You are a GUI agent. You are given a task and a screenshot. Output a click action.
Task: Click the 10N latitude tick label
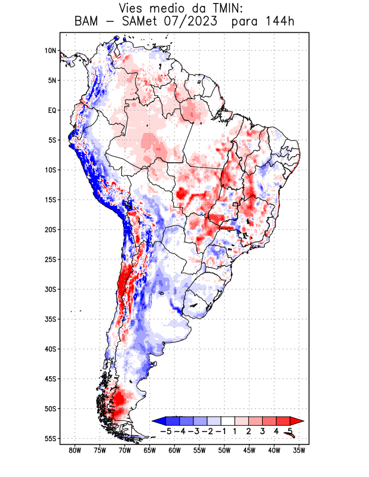(x=50, y=51)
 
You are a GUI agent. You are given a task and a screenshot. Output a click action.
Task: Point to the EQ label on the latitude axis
(x=51, y=110)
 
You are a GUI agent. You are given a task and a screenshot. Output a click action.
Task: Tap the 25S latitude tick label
(x=50, y=259)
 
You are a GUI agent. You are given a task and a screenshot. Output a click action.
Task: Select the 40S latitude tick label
(x=50, y=349)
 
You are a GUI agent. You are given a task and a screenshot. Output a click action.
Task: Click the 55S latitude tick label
(x=50, y=438)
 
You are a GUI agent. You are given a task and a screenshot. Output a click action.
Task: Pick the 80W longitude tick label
(x=75, y=450)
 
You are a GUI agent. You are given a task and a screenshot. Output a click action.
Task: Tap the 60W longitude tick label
(x=174, y=450)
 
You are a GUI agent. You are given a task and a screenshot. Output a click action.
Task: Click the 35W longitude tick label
(x=299, y=450)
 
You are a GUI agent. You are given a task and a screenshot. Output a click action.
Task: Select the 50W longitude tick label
(x=225, y=450)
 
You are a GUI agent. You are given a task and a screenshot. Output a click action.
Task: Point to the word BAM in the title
(x=88, y=21)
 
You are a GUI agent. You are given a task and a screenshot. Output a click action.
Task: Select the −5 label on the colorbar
(x=165, y=430)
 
